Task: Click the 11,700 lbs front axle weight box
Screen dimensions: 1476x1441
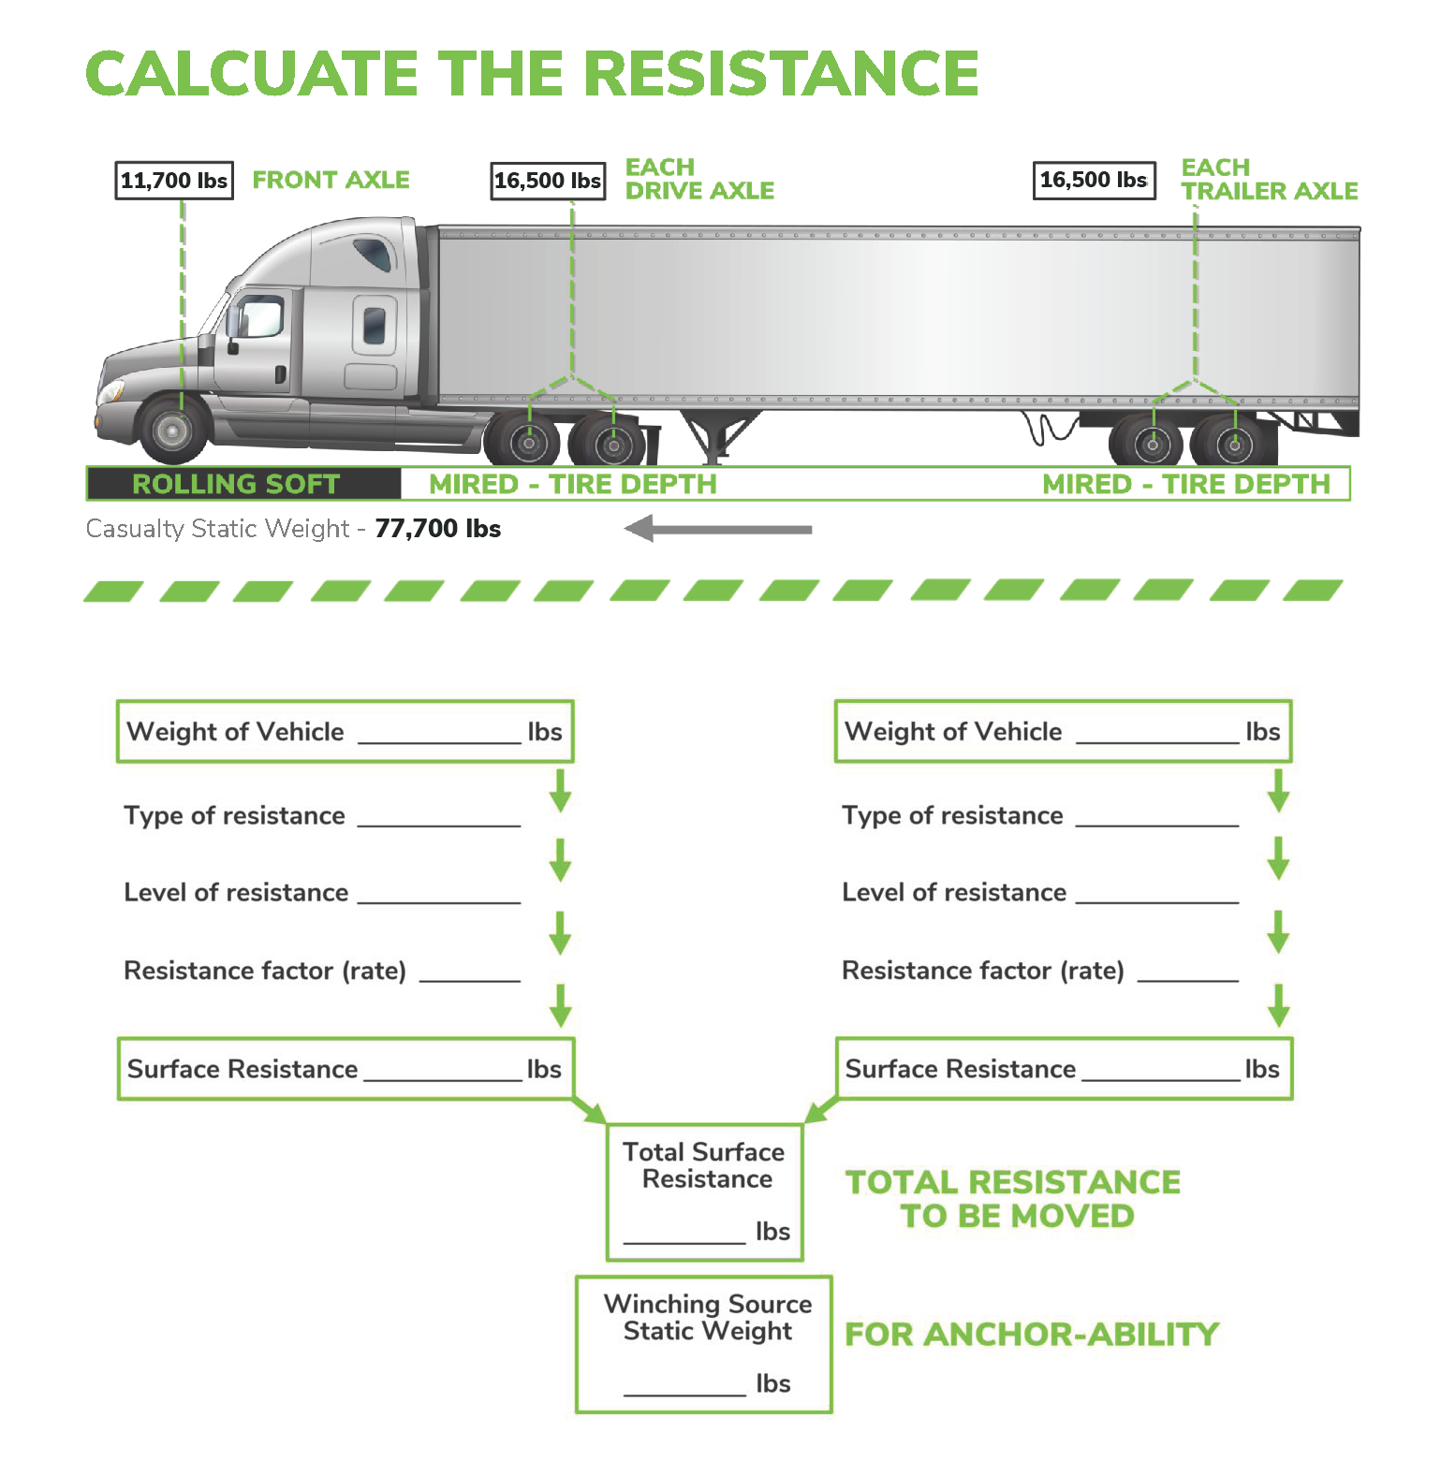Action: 174,181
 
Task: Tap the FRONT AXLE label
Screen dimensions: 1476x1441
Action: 331,180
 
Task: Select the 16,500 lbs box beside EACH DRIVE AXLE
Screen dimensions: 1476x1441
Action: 548,181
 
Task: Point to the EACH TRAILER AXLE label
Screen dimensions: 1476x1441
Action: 1268,180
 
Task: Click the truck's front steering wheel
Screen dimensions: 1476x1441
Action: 173,431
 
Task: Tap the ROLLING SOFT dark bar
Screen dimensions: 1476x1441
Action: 243,484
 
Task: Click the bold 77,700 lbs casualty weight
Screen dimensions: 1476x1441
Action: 437,529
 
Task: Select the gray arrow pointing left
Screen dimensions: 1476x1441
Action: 717,529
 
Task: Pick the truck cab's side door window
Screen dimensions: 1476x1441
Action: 260,316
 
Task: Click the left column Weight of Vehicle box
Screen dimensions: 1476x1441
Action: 345,731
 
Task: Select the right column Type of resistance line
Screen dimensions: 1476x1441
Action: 1039,815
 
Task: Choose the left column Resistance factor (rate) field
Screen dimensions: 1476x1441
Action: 321,971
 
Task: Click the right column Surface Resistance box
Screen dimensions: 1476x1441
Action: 1063,1069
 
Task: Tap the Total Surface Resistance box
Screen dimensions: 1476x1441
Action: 706,1192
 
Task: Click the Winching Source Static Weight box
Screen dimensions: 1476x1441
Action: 704,1344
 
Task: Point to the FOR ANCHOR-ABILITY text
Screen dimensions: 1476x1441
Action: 1032,1334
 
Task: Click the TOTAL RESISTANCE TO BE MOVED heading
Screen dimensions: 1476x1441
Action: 1013,1199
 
